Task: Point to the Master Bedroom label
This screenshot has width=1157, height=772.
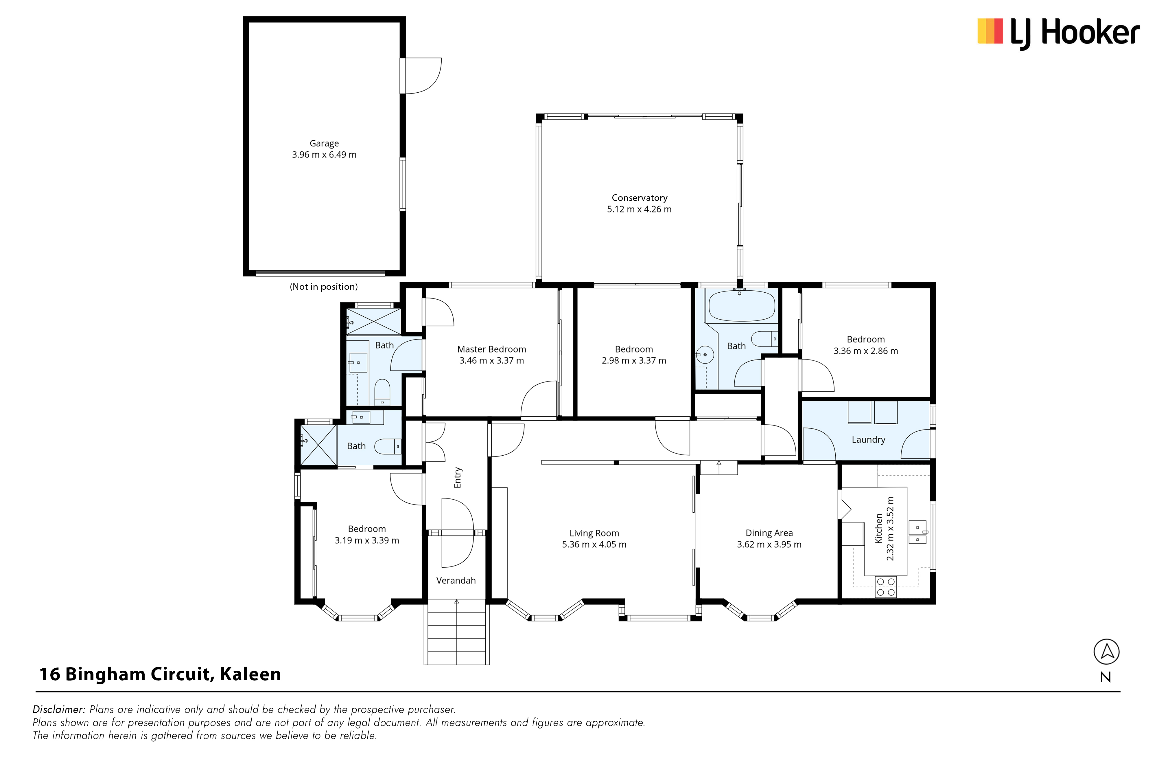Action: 491,349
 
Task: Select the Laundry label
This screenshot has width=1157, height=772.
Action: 868,440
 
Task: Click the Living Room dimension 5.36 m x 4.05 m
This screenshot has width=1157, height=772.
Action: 594,544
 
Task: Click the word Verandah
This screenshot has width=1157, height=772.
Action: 456,580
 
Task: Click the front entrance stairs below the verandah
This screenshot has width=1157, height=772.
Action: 456,632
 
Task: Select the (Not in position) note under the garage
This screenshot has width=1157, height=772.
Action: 324,287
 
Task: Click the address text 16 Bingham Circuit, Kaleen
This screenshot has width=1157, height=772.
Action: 160,674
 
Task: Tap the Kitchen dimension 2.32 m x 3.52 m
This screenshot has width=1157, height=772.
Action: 889,528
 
